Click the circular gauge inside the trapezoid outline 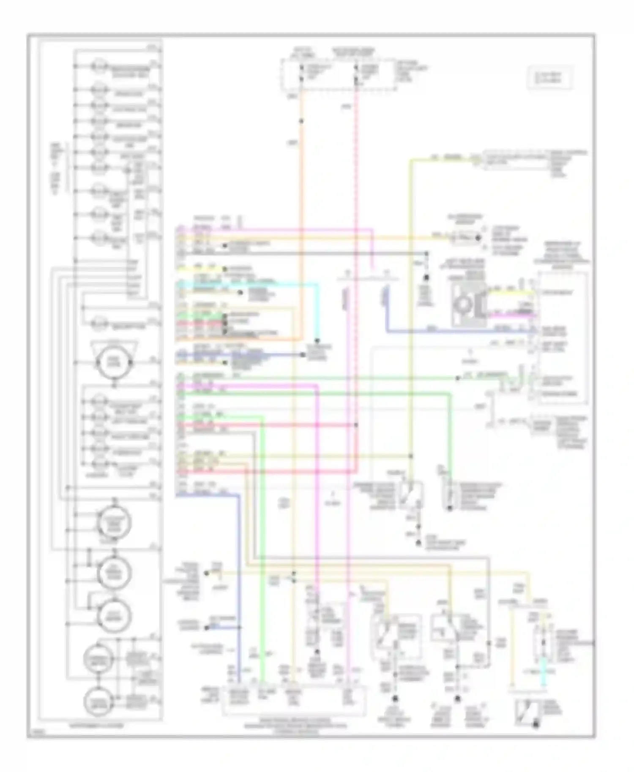click(x=114, y=362)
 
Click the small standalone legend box click(x=549, y=77)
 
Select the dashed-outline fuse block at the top click(x=338, y=75)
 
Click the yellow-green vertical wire click(x=410, y=296)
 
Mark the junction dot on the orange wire click(x=302, y=121)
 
